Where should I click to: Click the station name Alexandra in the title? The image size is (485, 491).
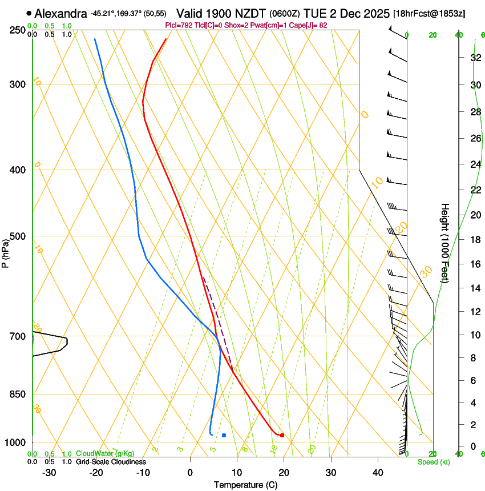[x=60, y=13]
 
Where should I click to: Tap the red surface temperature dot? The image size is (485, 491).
[x=282, y=436]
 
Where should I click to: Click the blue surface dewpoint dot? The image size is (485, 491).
[x=224, y=436]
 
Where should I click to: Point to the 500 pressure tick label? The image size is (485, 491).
[x=18, y=236]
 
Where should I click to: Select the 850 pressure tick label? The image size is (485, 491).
[x=18, y=394]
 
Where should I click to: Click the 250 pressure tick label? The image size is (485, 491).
[x=18, y=30]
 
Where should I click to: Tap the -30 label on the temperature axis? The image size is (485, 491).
[x=49, y=472]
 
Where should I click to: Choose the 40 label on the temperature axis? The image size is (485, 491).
[x=377, y=472]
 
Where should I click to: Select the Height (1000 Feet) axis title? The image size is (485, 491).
[x=446, y=243]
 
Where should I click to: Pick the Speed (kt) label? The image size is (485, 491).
[x=433, y=462]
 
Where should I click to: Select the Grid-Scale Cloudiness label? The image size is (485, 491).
[x=111, y=461]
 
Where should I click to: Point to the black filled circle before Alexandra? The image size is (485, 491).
[x=29, y=13]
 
